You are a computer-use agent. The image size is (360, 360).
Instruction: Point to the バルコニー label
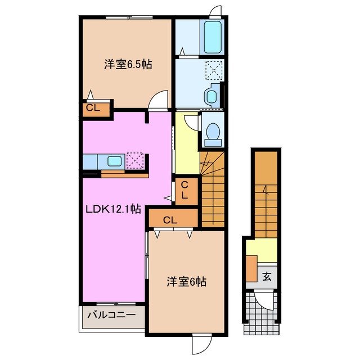pyautogui.click(x=110, y=316)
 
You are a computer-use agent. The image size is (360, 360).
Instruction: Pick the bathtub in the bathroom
pyautogui.click(x=213, y=37)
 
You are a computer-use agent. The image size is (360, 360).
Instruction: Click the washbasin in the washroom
pyautogui.click(x=211, y=96)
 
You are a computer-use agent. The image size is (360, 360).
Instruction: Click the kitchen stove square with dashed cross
pyautogui.click(x=136, y=160)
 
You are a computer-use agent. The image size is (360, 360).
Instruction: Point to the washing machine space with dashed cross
pyautogui.click(x=213, y=71)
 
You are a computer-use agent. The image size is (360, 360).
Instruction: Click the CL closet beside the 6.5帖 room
pyautogui.click(x=93, y=109)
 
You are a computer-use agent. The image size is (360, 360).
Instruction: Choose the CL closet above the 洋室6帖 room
pyautogui.click(x=171, y=218)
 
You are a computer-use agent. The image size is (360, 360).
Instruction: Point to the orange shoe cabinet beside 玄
pyautogui.click(x=251, y=268)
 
